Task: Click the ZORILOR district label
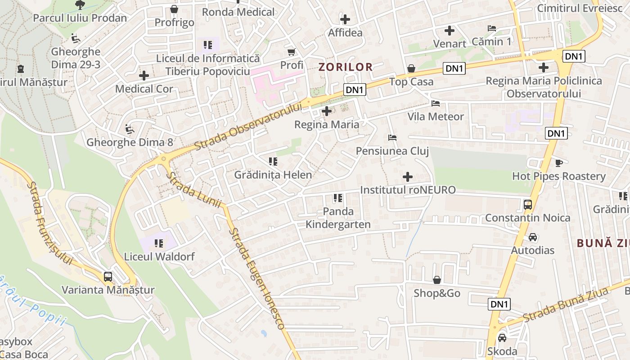[x=346, y=67]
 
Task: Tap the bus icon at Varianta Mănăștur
[x=108, y=277]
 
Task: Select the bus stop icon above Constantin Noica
[x=528, y=205]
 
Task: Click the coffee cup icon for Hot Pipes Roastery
[x=559, y=163]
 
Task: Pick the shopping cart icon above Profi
[x=292, y=52]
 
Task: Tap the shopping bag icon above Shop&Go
[x=436, y=280]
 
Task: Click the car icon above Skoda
[x=502, y=337]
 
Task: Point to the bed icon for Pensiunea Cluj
[x=392, y=137]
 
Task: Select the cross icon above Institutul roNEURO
[x=408, y=177]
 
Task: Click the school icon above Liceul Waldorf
[x=159, y=243]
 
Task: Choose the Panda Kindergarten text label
[x=338, y=218]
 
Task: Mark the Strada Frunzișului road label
[x=49, y=223]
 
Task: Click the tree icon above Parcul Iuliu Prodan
[x=80, y=5]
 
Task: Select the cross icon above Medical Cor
[x=144, y=76]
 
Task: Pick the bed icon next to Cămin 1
[x=492, y=28]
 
